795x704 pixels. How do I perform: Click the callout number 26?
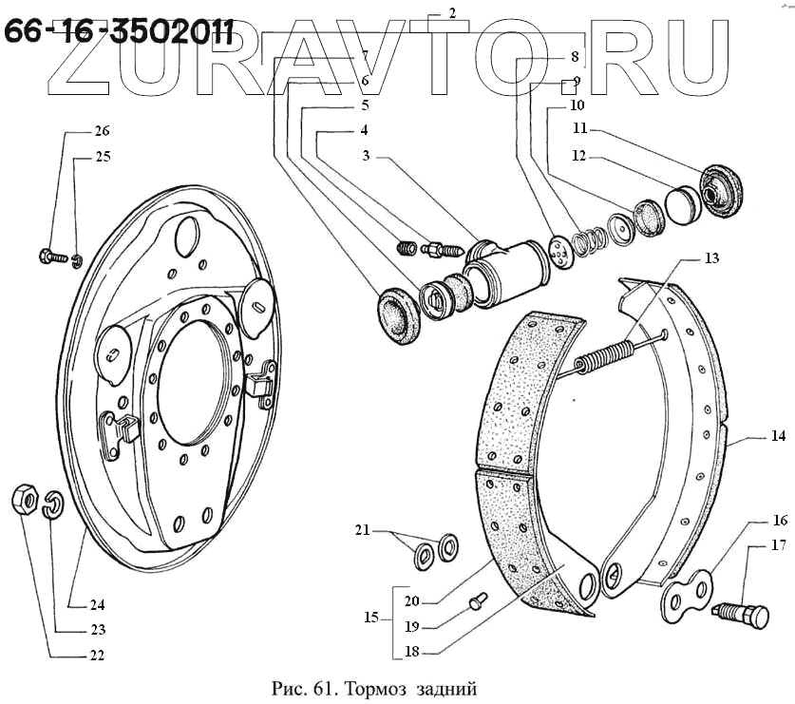click(102, 132)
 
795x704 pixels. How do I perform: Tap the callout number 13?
click(712, 257)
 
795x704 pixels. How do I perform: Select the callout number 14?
click(779, 439)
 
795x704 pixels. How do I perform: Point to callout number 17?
click(779, 545)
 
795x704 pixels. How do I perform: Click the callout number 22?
click(97, 655)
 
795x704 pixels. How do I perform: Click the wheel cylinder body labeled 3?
click(503, 270)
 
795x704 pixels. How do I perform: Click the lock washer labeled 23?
click(53, 504)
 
